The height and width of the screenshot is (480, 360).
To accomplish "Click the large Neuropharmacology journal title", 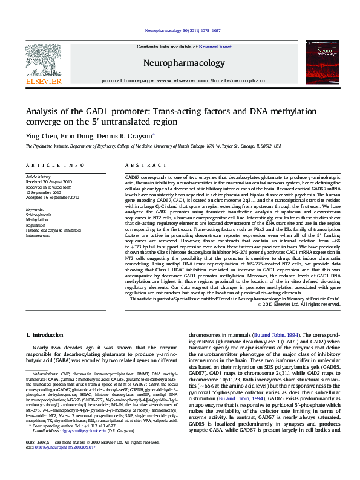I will point(183,62).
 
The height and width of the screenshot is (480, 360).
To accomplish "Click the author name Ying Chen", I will point(39,136).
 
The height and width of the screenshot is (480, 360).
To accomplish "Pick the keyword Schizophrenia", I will point(39,215).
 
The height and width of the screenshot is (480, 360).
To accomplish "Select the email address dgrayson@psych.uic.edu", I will point(79,447).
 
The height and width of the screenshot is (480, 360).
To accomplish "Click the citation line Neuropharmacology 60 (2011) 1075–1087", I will point(180,30).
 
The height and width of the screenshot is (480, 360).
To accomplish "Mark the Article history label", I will point(39,177).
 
